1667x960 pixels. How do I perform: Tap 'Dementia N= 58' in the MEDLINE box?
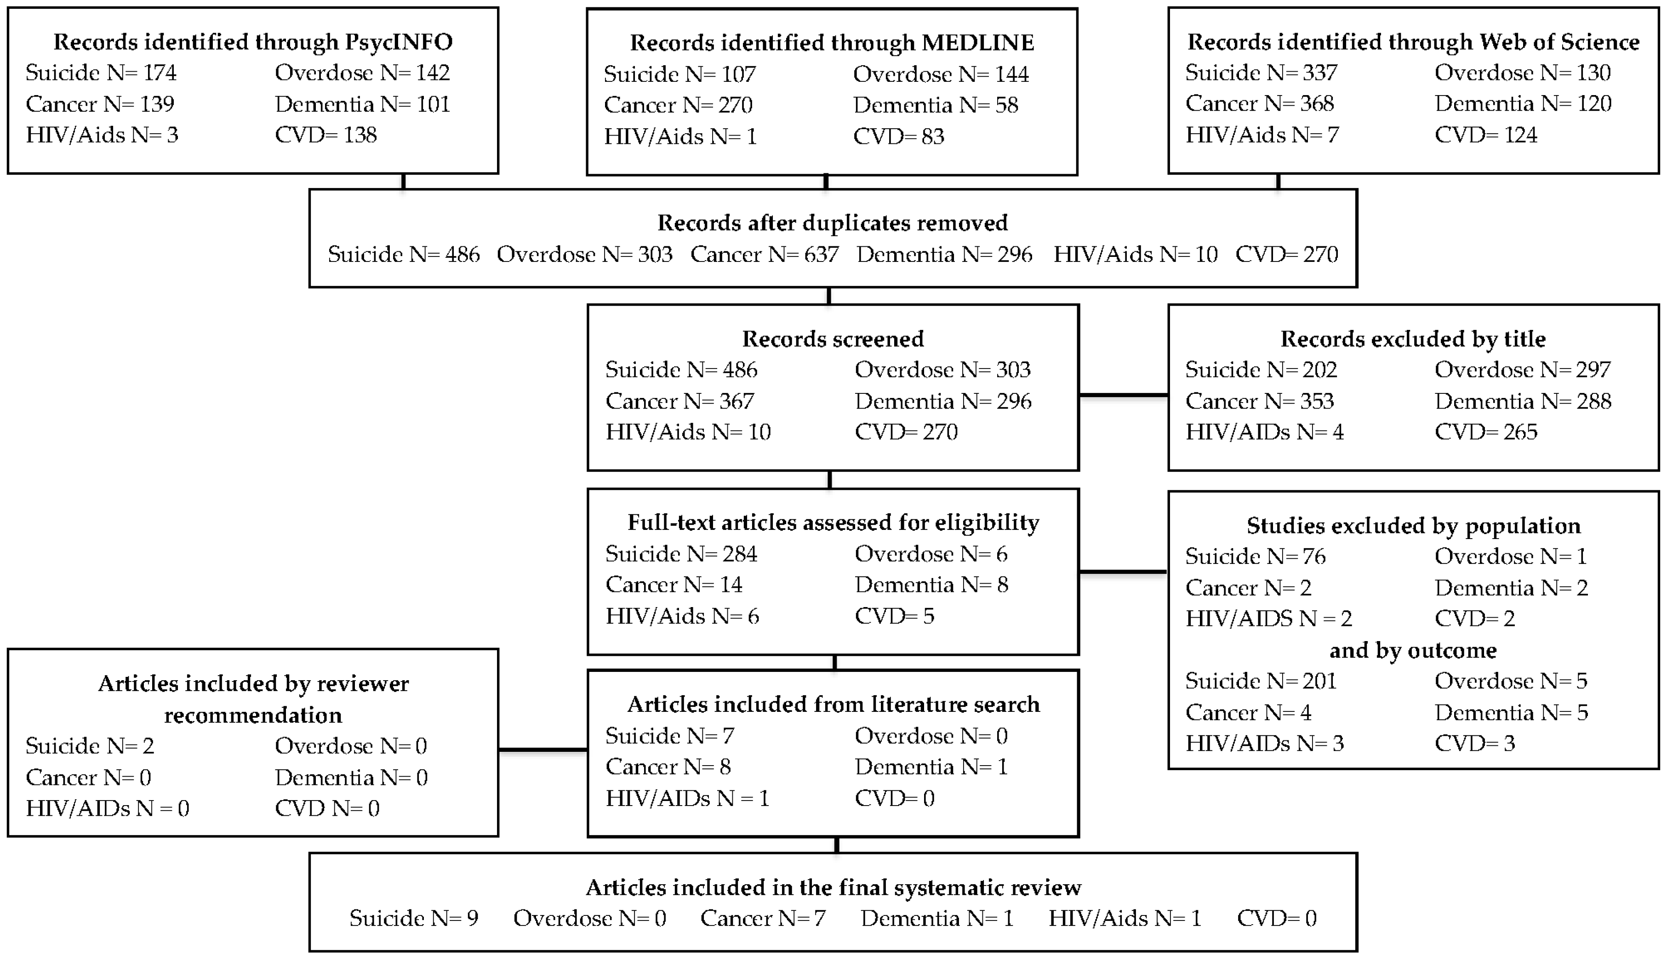click(935, 105)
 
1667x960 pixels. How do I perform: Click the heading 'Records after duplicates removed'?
click(832, 223)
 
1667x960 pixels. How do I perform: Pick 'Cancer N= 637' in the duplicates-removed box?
click(764, 255)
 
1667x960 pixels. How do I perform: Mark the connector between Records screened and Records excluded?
click(1123, 395)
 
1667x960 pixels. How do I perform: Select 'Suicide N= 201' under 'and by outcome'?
click(1260, 681)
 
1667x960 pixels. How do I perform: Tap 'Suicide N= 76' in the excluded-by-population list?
click(1255, 557)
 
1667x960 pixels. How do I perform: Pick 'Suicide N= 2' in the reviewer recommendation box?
click(90, 746)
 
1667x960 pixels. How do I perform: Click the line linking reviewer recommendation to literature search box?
click(542, 750)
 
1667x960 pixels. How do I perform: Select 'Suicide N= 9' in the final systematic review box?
click(413, 919)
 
